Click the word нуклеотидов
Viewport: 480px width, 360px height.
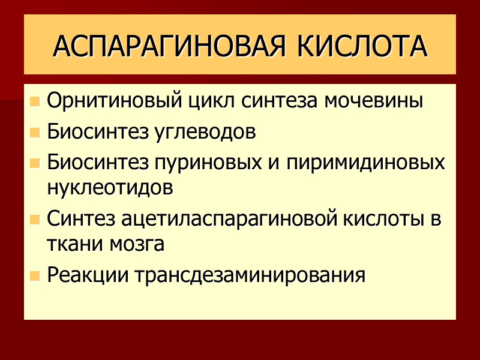coord(109,187)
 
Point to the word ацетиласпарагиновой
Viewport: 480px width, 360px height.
coord(220,219)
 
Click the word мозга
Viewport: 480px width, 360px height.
coord(135,244)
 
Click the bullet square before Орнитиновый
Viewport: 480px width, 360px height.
coord(35,101)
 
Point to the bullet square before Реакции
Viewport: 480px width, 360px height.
coord(35,275)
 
